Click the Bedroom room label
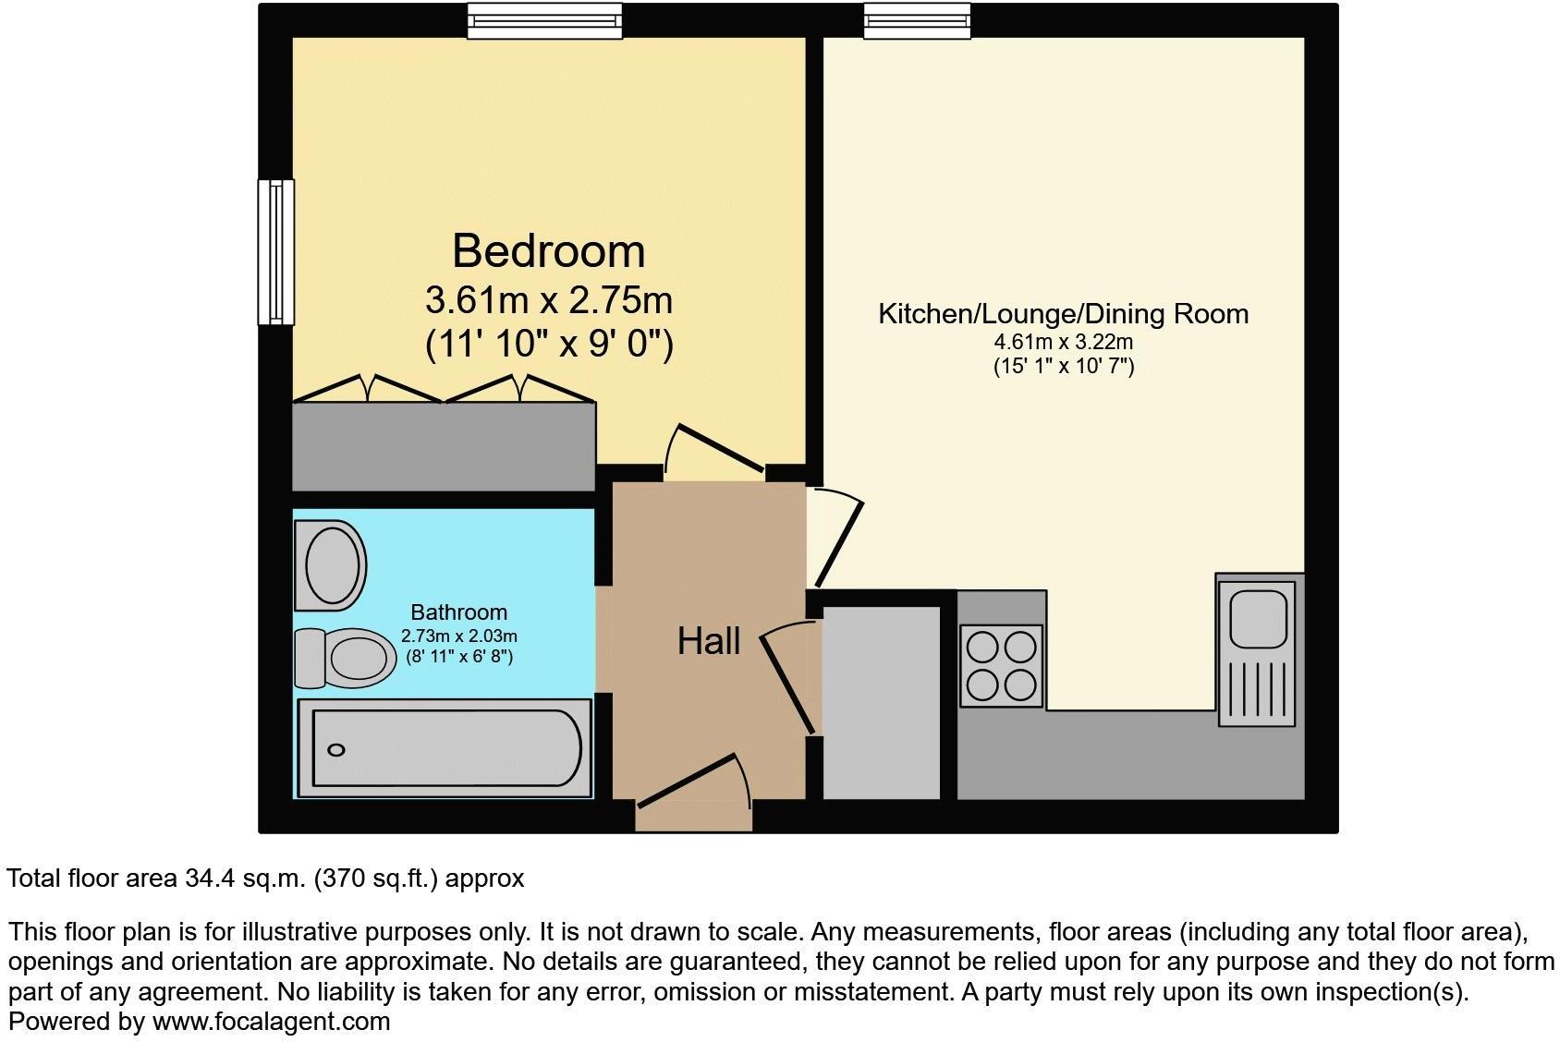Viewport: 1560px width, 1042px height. pos(548,251)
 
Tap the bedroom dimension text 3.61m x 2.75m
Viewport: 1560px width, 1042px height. pos(548,300)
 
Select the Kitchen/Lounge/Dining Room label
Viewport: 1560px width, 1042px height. pos(1063,314)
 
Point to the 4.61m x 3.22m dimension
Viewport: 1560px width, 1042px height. pos(1063,342)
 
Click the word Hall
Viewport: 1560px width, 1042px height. pos(709,641)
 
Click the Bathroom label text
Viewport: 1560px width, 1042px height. pos(458,612)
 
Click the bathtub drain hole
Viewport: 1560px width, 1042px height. pos(336,750)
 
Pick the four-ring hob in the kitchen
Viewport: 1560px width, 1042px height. pos(1002,666)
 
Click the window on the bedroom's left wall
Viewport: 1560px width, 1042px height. pos(275,252)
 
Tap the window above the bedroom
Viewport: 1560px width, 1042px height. pos(543,20)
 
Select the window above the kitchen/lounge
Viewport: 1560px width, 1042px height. pos(917,20)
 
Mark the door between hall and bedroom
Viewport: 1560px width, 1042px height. pos(715,448)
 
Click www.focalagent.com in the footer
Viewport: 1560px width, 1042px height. pos(271,1022)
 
